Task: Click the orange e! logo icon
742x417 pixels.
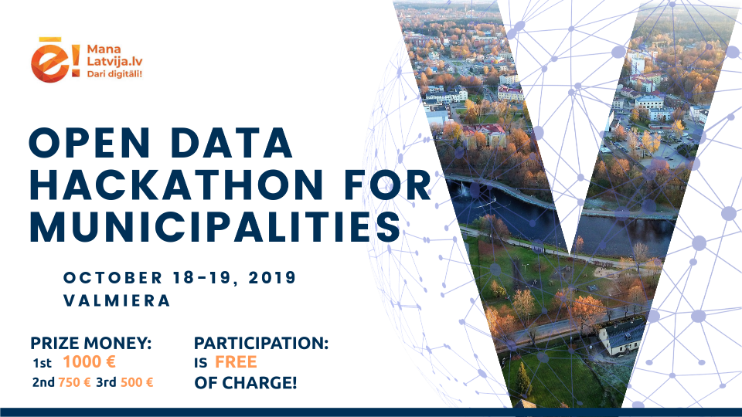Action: pos(55,60)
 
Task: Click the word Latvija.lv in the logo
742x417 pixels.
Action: pos(114,62)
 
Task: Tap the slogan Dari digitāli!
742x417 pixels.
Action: pos(114,74)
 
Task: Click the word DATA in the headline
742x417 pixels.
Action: pos(231,143)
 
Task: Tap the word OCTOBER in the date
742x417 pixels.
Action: pos(113,277)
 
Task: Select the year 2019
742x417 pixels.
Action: pos(272,277)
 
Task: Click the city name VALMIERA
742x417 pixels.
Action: pos(117,300)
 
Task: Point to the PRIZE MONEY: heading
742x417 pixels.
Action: pos(91,343)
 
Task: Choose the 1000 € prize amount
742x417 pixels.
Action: pos(90,362)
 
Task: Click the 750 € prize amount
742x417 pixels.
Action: pos(74,382)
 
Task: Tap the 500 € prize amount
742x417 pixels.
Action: pos(137,382)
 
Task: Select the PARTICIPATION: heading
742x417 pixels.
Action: pos(261,343)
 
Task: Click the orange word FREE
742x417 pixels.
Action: pos(236,362)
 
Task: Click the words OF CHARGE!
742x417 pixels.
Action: pos(246,382)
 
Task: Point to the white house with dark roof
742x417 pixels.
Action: pos(621,337)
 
